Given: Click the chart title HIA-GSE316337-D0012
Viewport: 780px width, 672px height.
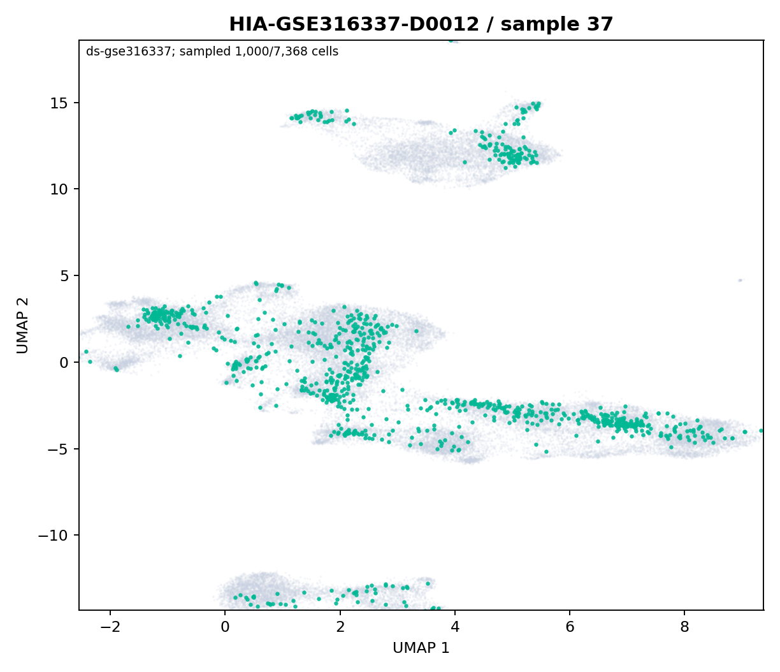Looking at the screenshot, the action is pos(354,24).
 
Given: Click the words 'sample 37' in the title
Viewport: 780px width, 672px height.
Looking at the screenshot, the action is pos(556,24).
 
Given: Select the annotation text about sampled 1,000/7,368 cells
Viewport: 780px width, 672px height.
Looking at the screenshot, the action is pos(212,52).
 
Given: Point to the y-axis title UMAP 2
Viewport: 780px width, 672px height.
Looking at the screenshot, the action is pos(23,325).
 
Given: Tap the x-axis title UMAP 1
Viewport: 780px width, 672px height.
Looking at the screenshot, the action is pos(421,648).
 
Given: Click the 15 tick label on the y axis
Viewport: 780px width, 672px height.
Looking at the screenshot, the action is pos(59,103).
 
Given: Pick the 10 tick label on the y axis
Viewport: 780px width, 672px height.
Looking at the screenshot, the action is pos(59,189).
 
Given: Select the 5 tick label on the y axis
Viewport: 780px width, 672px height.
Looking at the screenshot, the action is pos(64,276).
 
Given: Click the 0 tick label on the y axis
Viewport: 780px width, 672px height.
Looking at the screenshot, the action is pos(64,362).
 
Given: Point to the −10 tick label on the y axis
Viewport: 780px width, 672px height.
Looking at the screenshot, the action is pos(53,536).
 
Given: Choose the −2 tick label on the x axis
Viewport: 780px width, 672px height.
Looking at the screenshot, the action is pos(110,627).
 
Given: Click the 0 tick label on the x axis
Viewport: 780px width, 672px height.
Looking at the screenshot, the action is pos(226,627).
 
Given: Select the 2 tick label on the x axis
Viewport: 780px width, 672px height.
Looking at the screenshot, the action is pos(340,627).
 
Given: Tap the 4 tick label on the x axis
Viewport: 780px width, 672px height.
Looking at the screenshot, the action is pos(455,627).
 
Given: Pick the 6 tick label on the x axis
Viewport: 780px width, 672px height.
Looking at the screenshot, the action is pos(570,627).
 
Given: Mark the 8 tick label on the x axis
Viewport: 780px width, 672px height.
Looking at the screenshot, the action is pos(684,627).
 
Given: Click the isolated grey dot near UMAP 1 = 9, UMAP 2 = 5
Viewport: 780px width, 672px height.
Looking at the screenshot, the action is pos(740,280).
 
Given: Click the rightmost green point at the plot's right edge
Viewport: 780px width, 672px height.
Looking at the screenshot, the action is pos(762,430).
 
